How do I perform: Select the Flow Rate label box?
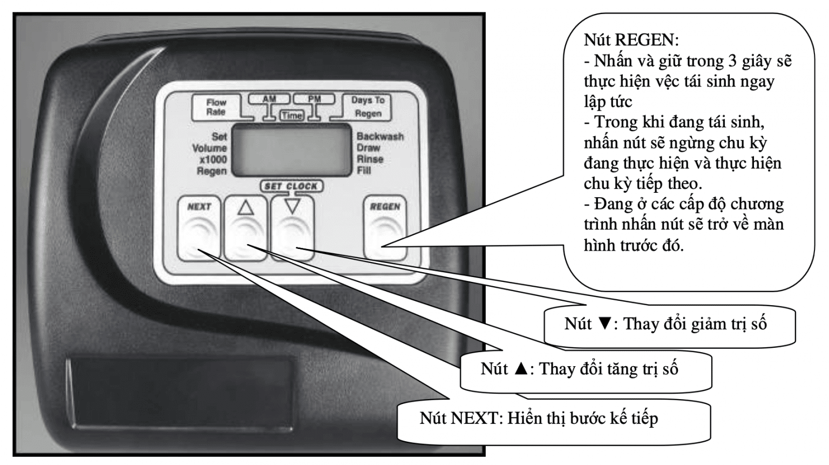pos(216,107)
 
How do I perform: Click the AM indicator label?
pos(269,99)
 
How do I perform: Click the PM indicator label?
pos(314,99)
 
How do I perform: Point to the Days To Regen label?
pos(368,107)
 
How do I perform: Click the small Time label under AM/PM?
pos(291,115)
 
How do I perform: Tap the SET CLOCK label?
pos(291,186)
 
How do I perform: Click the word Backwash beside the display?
pos(380,137)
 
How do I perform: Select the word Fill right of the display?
pos(364,171)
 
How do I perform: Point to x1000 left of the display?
pos(213,160)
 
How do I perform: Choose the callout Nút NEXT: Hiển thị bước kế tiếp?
pos(539,419)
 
